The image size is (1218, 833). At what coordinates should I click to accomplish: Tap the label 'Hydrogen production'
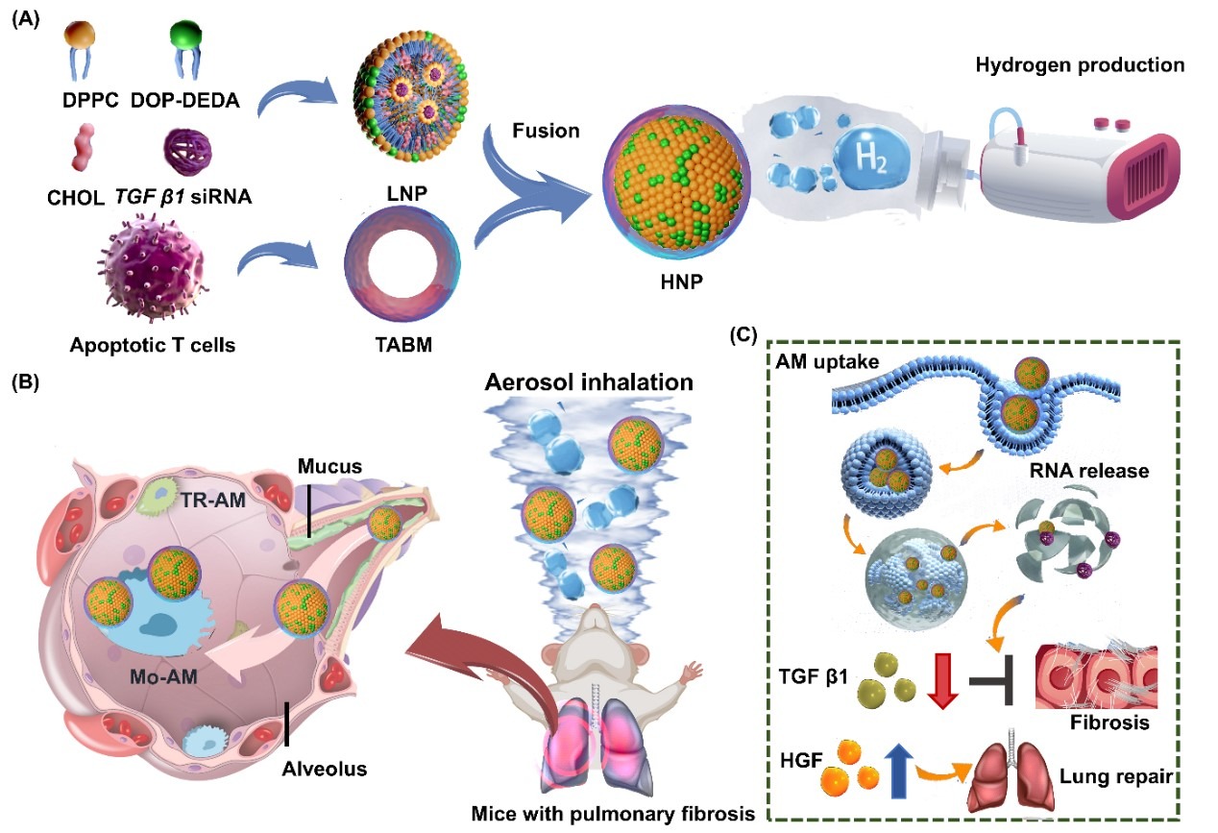[1080, 66]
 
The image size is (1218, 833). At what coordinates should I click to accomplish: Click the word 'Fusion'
[547, 130]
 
